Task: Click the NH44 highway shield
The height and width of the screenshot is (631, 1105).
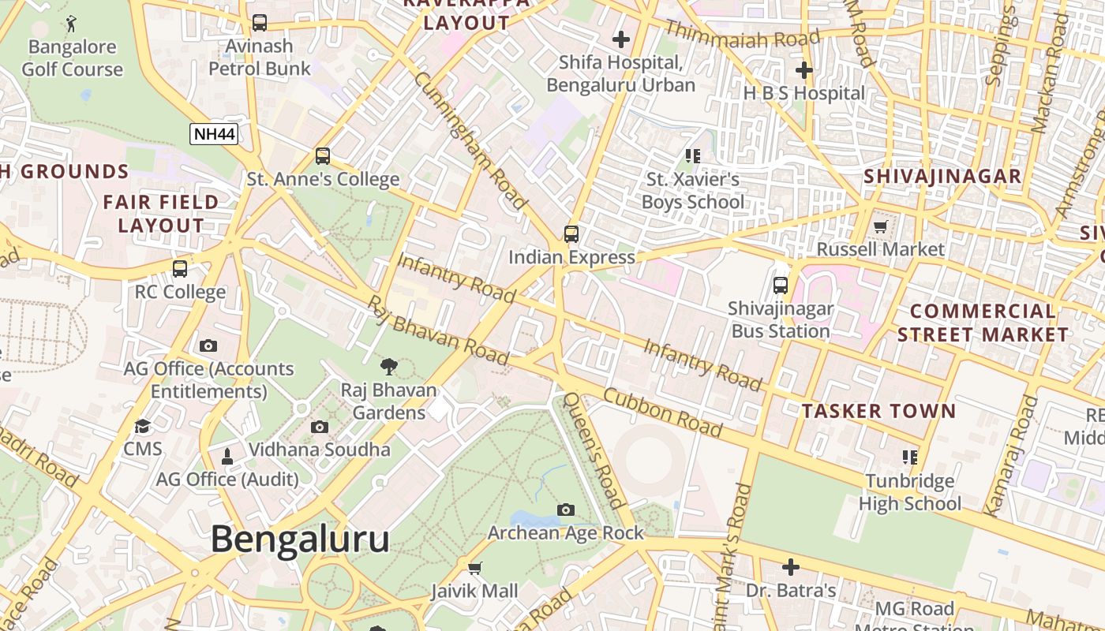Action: (x=214, y=133)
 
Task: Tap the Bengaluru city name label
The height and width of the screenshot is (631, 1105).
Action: (x=300, y=540)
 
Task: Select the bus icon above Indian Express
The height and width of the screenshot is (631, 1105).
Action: (x=571, y=233)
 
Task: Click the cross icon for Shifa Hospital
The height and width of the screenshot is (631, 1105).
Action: (x=621, y=39)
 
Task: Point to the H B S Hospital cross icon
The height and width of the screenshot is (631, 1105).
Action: (x=803, y=70)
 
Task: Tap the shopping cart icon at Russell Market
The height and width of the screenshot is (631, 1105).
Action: (x=881, y=227)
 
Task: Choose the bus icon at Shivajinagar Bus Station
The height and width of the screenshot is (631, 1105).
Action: (x=781, y=286)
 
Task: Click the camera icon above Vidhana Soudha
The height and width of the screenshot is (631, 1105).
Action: (x=320, y=427)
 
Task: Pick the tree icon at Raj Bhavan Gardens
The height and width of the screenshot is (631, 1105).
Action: (x=388, y=367)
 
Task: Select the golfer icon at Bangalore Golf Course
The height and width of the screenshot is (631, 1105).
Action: (x=72, y=24)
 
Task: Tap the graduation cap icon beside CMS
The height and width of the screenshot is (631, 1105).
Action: (x=143, y=427)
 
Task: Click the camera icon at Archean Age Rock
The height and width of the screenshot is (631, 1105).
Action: (x=565, y=510)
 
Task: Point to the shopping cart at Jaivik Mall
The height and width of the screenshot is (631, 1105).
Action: (x=474, y=568)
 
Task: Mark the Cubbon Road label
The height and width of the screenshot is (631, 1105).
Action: (x=663, y=412)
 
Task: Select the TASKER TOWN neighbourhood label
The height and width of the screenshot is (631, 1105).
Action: (x=878, y=411)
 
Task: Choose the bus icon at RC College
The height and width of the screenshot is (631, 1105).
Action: (x=180, y=269)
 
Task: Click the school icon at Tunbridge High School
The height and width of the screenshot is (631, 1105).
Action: (x=910, y=457)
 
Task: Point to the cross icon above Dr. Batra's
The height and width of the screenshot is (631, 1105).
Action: (x=790, y=567)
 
